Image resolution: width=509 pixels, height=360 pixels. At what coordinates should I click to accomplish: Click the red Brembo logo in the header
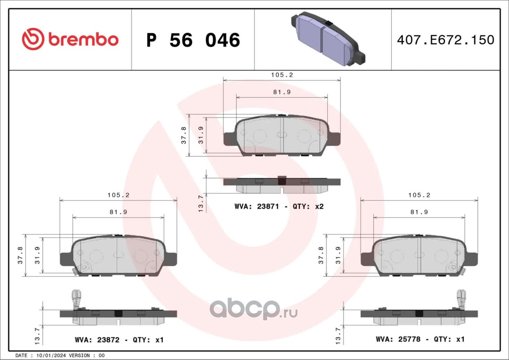70,39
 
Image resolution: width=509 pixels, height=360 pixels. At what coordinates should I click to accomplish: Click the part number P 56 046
193,40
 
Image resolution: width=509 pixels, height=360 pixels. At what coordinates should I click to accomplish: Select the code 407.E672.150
446,40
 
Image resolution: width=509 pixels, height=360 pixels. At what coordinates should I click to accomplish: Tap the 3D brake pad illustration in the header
328,39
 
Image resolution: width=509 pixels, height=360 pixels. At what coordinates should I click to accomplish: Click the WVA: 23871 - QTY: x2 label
279,207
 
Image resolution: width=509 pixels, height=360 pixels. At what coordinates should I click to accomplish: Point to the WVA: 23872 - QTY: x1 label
119,340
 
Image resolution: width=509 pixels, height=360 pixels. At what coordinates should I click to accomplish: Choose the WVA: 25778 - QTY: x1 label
420,339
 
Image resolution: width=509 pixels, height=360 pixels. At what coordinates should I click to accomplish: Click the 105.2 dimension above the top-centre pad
282,75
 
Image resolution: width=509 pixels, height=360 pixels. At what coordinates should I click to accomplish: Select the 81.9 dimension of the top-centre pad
282,92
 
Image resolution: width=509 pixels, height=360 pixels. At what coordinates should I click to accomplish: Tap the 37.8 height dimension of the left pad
20,255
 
